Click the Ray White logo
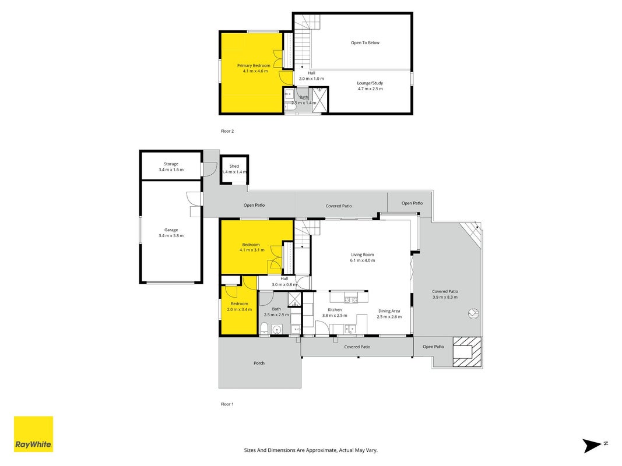coord(33,434)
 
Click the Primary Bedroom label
coord(254,66)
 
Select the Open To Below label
coord(365,43)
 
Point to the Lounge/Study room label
coord(370,83)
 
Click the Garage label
coord(171,230)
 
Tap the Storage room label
coord(171,164)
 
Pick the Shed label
coord(234,167)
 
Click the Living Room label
coord(362,255)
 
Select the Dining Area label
coord(389,311)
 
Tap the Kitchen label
coord(335,310)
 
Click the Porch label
coord(259,363)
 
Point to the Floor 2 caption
coord(227,131)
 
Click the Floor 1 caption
coord(227,404)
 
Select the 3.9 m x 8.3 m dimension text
coord(445,297)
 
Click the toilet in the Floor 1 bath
coord(264,328)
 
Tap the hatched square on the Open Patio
coord(467,351)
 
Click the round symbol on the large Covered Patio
coord(473,314)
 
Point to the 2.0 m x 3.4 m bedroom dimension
coord(239,309)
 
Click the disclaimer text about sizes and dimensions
coord(311,450)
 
